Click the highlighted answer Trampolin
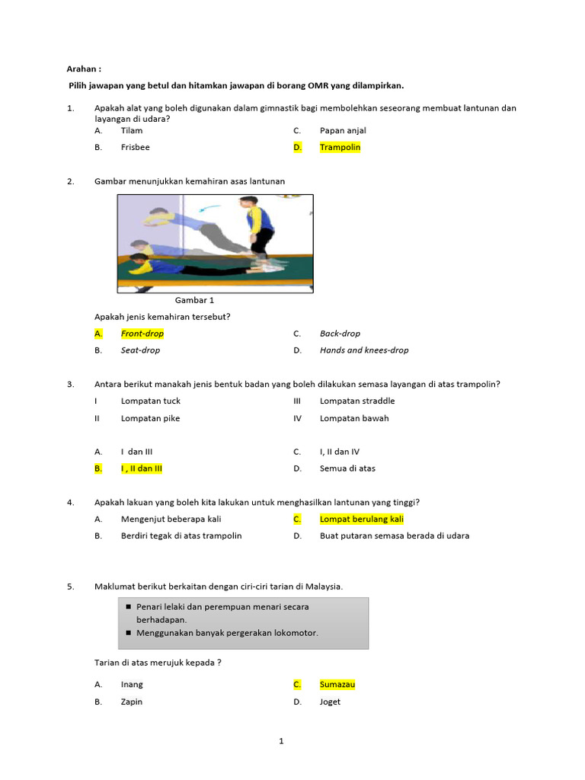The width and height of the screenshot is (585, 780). [340, 147]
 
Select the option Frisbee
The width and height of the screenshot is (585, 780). [135, 147]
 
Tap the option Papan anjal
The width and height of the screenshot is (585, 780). [343, 130]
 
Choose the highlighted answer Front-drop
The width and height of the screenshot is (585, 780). [142, 334]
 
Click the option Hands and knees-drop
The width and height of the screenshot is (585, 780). [363, 350]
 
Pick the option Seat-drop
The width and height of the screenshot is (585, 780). [140, 350]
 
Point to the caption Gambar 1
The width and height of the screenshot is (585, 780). [194, 300]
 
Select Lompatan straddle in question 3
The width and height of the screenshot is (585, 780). [356, 401]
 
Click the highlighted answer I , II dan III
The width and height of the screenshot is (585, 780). [142, 468]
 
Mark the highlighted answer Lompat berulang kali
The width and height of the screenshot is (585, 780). [361, 519]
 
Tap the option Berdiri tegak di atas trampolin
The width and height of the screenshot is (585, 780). [181, 535]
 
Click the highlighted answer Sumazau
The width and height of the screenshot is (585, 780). [337, 684]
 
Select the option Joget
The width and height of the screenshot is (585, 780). [330, 702]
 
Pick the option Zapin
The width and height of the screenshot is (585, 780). [132, 702]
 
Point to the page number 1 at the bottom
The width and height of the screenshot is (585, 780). [281, 740]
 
